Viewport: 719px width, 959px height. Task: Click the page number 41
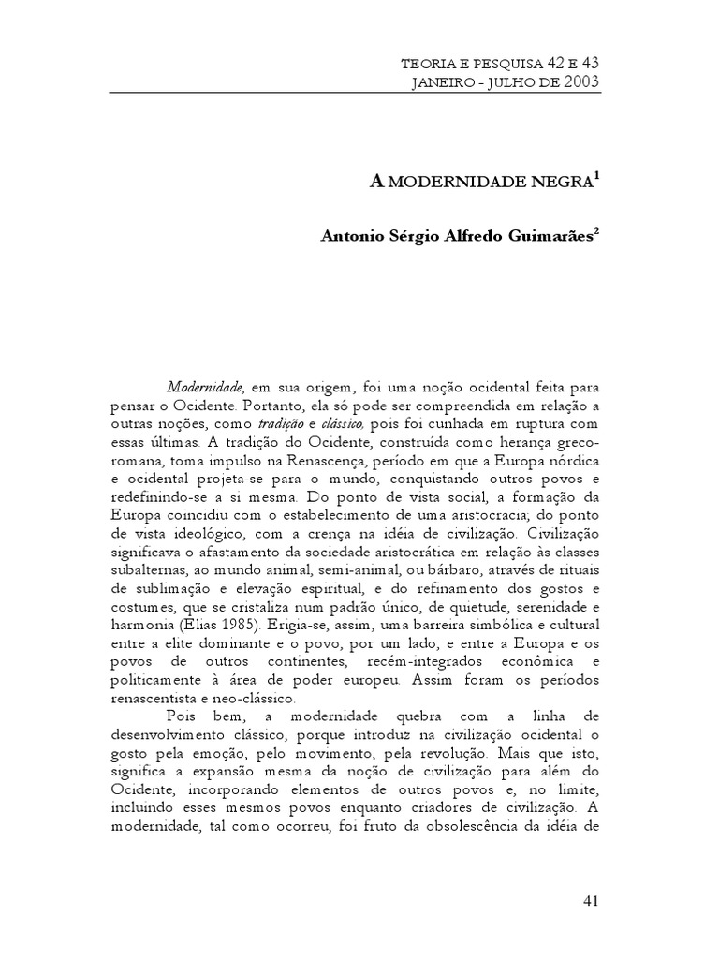590,900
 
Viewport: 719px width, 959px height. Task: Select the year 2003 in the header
580,81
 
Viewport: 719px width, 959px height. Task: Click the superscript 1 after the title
596,174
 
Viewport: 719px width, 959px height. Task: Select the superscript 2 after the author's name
596,230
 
